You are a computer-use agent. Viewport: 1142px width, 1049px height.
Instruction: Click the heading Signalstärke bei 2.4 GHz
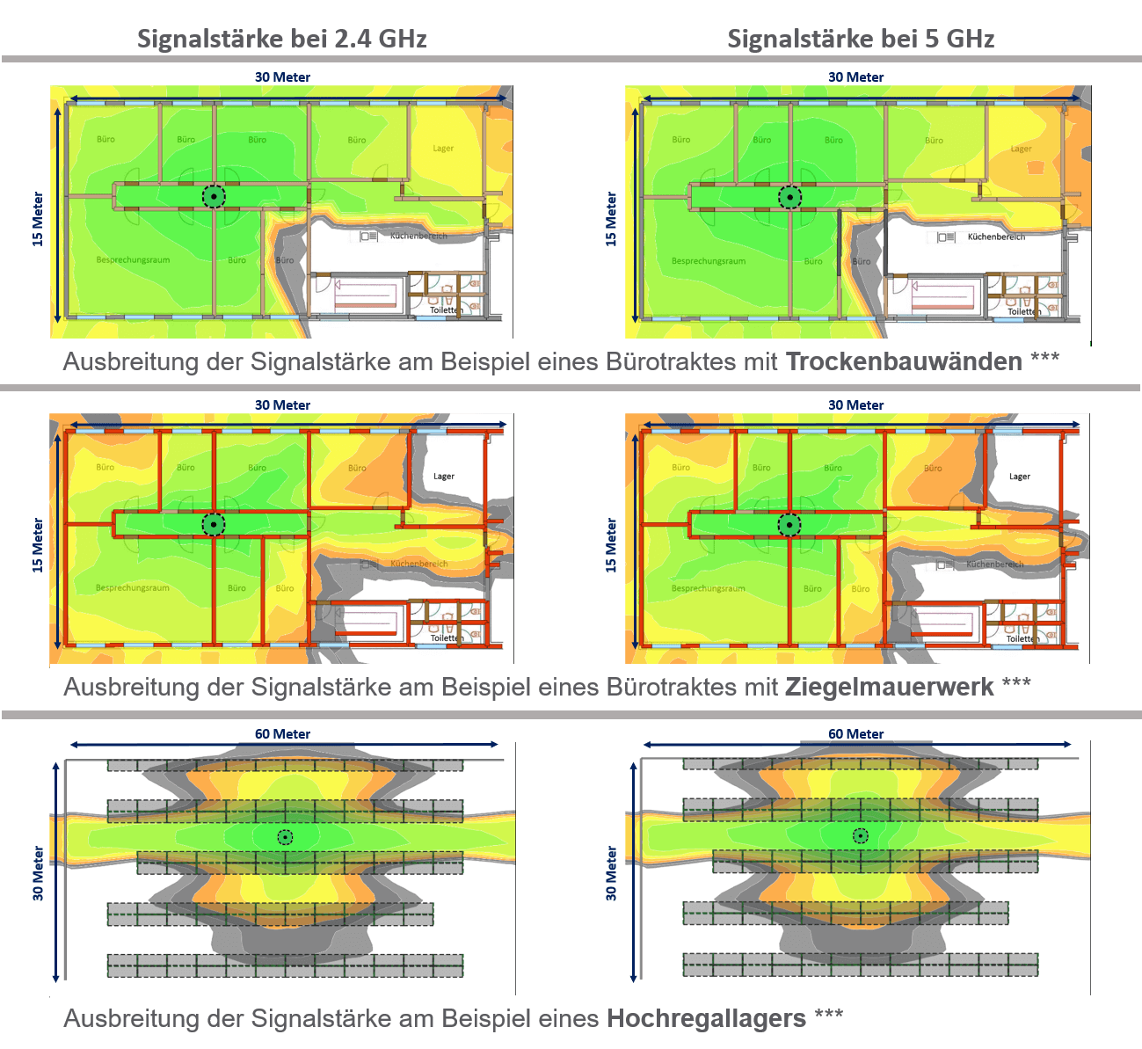281,39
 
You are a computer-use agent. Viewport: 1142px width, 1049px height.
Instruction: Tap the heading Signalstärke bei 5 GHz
861,39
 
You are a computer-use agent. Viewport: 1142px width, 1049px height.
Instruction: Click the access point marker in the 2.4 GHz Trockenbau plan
214,197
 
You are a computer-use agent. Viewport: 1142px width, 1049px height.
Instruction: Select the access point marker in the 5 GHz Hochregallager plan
861,836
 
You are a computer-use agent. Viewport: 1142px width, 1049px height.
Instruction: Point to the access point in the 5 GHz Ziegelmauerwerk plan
789,525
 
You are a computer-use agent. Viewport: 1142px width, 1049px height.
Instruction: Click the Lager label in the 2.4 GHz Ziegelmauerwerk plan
444,477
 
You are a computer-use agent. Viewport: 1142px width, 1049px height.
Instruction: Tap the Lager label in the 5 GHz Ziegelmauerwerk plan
1020,477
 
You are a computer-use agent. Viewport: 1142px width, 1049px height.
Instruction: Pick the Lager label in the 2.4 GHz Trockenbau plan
443,149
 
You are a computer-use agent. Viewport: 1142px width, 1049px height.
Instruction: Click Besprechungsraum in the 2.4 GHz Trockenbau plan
133,260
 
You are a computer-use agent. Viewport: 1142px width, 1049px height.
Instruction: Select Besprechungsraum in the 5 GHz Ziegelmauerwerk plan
708,588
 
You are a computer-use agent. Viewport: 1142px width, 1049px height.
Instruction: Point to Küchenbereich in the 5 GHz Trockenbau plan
996,237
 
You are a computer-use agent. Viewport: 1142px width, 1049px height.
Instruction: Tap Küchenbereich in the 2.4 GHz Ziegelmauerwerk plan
419,564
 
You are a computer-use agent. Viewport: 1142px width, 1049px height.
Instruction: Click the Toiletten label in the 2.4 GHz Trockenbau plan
446,310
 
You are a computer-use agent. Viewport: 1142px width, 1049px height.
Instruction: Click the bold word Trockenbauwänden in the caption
904,361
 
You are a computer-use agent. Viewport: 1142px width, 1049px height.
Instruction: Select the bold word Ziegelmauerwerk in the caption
889,687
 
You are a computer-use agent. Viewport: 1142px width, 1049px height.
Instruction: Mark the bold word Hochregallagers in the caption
706,1018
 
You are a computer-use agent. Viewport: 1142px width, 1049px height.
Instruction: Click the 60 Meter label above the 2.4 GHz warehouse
282,734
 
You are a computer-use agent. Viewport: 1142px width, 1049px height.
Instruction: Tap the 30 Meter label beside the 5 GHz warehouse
611,873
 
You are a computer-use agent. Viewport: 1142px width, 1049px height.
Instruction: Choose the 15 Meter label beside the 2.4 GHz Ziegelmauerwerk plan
38,545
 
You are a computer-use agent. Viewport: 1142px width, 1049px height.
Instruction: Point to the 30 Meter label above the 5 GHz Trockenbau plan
855,77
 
